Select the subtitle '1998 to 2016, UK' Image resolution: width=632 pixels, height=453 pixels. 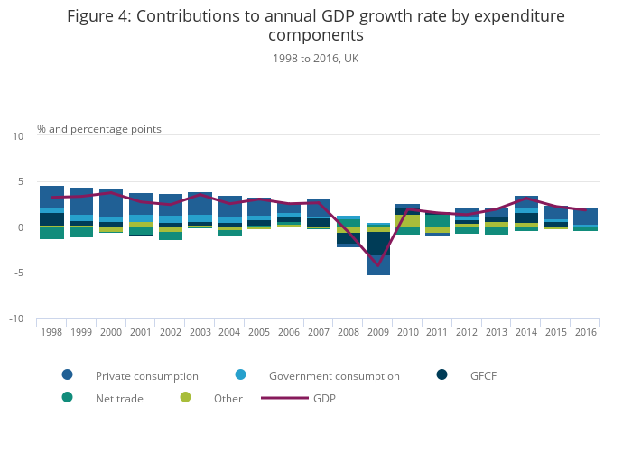click(x=315, y=59)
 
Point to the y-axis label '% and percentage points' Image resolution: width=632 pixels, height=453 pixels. click(x=99, y=129)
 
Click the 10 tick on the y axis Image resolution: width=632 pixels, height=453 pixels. click(x=18, y=136)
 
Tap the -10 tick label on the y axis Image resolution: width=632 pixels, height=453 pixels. click(x=16, y=319)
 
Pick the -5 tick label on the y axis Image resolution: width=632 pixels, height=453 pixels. click(x=18, y=273)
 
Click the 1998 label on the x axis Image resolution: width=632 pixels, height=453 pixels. click(x=51, y=332)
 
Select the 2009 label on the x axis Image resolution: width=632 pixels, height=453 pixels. click(x=378, y=332)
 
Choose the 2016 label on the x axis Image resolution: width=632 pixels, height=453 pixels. click(x=585, y=332)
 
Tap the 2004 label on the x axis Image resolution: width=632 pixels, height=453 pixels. click(x=229, y=332)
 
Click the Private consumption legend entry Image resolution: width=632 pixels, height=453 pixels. click(x=146, y=375)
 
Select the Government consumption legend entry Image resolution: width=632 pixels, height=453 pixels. click(x=334, y=375)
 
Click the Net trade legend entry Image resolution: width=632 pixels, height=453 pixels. click(x=119, y=398)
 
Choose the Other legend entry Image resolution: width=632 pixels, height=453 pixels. click(x=228, y=398)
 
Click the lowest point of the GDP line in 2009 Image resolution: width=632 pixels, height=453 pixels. click(x=378, y=266)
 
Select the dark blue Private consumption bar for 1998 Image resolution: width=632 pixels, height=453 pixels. click(x=51, y=197)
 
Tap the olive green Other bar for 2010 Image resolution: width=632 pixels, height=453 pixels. click(x=408, y=220)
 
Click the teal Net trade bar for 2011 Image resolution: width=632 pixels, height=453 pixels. click(x=438, y=220)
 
